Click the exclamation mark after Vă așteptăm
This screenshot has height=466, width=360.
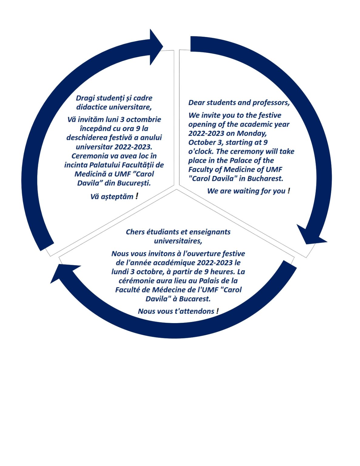click(137, 196)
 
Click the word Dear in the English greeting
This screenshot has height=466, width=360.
click(196, 103)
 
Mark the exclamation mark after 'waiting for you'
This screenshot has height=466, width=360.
click(289, 191)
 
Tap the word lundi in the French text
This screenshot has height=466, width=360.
click(119, 272)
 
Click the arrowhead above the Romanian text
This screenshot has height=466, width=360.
click(155, 47)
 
